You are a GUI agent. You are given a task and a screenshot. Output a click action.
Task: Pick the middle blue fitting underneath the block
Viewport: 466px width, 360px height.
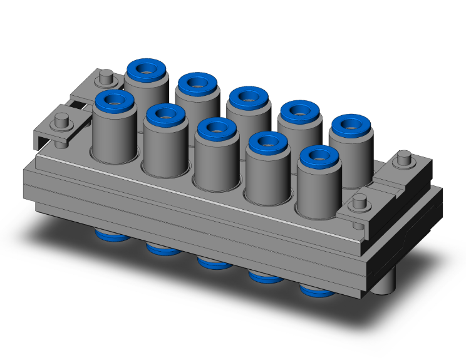[213, 263]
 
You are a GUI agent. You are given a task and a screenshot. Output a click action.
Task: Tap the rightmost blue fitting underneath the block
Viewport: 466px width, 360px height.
[316, 291]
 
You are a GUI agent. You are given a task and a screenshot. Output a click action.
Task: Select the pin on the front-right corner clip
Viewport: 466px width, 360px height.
[360, 202]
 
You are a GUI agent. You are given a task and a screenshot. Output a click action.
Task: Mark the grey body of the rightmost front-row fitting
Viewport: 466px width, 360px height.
[318, 194]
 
